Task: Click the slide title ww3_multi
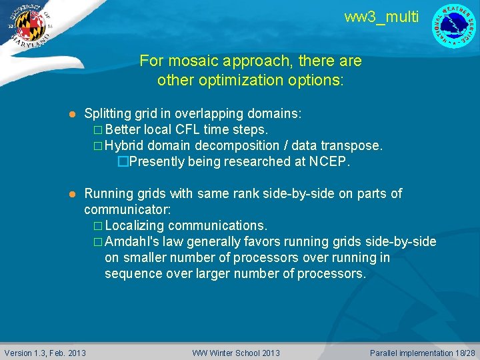point(381,17)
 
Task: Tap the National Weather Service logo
point(454,26)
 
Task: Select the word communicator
point(127,209)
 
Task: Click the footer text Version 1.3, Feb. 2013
point(45,353)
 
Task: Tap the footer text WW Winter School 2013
point(236,353)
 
